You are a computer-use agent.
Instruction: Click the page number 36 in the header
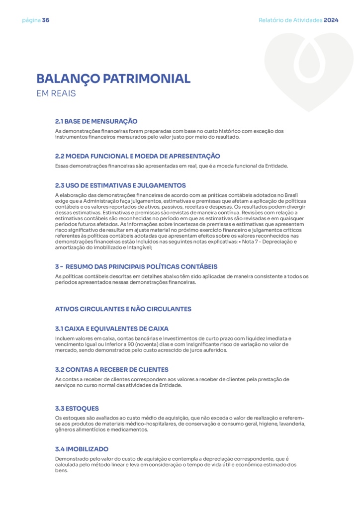click(46, 20)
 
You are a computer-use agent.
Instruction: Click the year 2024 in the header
click(331, 20)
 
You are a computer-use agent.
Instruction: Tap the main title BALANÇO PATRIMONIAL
click(113, 79)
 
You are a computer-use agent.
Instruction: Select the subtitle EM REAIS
click(56, 93)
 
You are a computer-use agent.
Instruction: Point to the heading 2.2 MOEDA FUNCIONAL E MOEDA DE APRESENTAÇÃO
click(137, 156)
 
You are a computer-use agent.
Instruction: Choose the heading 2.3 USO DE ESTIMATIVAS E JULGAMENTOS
click(120, 185)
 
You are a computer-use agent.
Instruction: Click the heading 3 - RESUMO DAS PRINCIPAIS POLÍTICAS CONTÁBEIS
click(136, 267)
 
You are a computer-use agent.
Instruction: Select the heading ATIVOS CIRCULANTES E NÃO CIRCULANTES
click(123, 309)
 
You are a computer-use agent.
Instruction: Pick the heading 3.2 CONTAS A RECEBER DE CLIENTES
click(112, 370)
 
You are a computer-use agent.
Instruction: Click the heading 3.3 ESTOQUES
click(77, 409)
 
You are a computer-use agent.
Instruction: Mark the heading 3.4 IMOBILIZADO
click(82, 449)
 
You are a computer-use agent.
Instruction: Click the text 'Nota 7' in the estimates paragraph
click(260, 242)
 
